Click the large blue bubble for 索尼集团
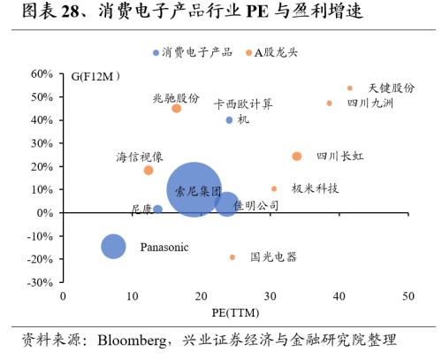pos(194,189)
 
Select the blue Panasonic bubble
pos(113,246)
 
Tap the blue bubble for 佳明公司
pos(227,205)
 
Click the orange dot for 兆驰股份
pos(176,109)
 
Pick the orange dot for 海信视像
pos(149,170)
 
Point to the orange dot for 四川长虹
pos(297,157)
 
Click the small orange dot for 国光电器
pos(232,257)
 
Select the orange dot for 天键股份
pos(350,88)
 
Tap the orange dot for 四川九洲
pos(330,103)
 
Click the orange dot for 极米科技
pos(274,188)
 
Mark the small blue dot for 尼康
pos(157,210)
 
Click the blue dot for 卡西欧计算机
pos(230,119)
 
